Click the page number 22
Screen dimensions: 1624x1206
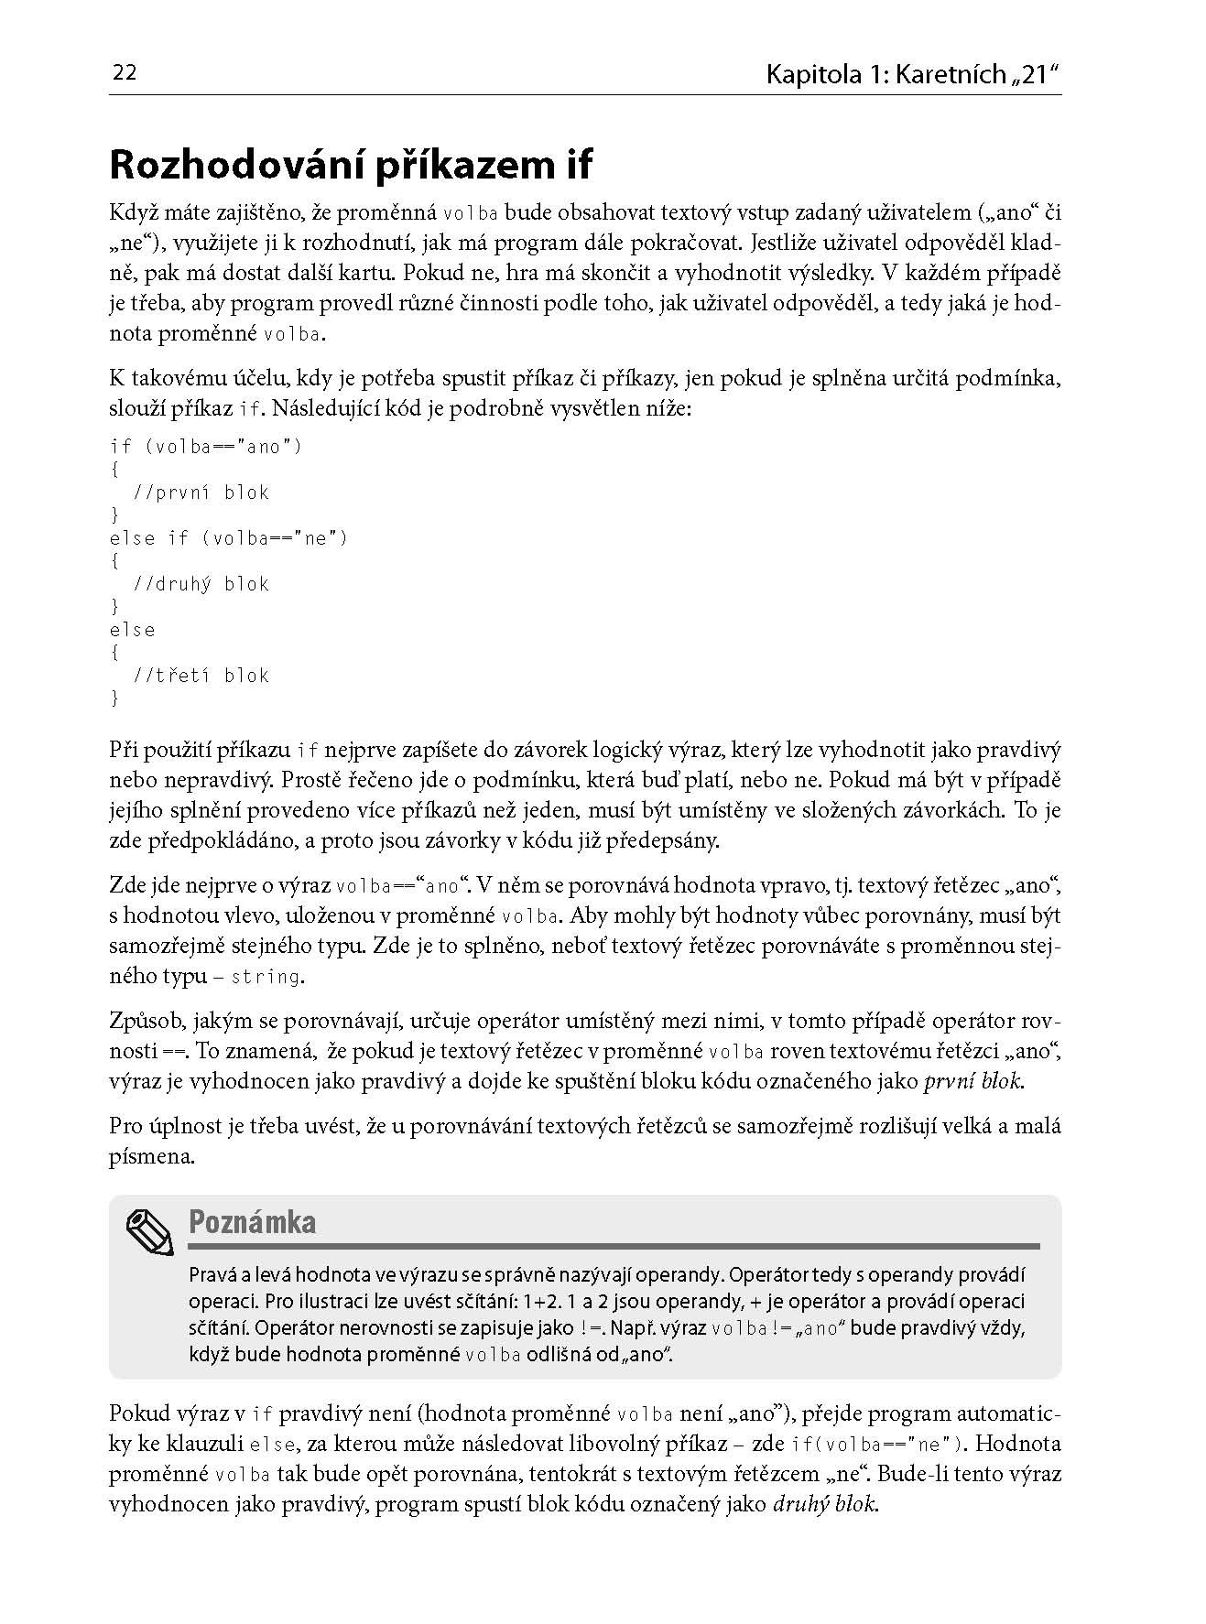(x=124, y=73)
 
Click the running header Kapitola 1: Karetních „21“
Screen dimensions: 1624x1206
(x=913, y=74)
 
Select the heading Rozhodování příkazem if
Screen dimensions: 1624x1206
(x=351, y=165)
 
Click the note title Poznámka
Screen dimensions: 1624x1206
(x=252, y=1222)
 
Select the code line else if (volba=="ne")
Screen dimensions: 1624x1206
(x=228, y=538)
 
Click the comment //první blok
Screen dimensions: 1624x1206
(x=201, y=493)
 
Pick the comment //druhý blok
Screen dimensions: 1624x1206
(x=201, y=584)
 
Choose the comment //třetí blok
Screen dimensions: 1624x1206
(x=201, y=676)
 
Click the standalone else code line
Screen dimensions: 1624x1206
(x=132, y=630)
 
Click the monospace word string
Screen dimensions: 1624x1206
(x=266, y=977)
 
